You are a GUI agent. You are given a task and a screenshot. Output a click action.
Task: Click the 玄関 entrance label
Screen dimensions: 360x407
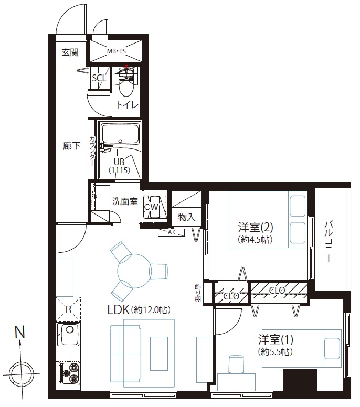click(70, 52)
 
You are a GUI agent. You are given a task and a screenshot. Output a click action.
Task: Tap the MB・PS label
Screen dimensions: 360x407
click(117, 51)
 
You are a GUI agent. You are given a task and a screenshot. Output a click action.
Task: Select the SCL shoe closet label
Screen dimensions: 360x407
click(99, 78)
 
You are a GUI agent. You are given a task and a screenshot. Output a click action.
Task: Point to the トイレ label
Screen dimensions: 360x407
click(128, 104)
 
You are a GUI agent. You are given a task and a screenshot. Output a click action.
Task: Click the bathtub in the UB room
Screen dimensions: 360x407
click(120, 134)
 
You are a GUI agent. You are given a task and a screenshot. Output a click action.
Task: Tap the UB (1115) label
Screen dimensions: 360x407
click(119, 166)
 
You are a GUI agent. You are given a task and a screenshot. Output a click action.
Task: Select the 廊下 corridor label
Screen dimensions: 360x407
click(72, 146)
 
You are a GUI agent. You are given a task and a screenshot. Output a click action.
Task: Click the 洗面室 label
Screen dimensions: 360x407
click(125, 201)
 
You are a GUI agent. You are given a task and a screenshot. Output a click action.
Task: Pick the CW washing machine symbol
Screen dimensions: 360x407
click(154, 207)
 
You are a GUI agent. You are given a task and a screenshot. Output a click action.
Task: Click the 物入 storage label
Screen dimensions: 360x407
click(186, 217)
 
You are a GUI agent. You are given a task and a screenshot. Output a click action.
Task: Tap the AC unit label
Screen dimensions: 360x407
click(172, 232)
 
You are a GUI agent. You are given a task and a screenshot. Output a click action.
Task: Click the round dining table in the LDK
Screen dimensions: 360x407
click(134, 271)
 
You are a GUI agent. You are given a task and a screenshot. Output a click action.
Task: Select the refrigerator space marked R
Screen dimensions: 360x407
click(68, 309)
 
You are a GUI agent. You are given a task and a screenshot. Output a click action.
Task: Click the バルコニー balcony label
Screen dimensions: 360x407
click(329, 242)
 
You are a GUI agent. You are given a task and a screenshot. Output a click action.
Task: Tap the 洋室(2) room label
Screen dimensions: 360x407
click(256, 228)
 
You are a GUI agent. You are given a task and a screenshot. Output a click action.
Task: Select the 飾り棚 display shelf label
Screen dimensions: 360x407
click(198, 293)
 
